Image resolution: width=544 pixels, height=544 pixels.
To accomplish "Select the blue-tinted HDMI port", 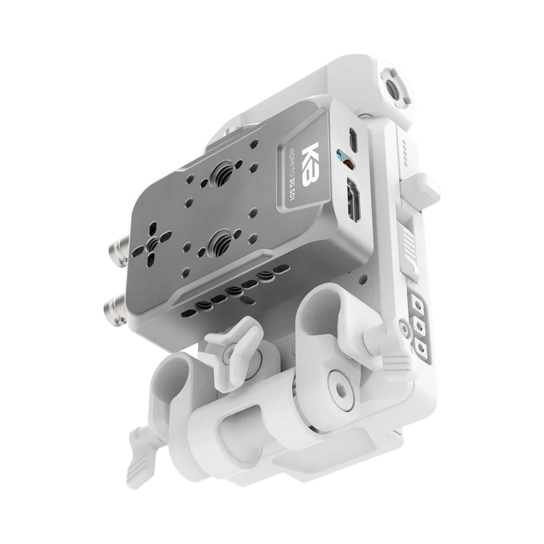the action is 353,201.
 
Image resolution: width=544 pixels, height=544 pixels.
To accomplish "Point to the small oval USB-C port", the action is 353,140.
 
